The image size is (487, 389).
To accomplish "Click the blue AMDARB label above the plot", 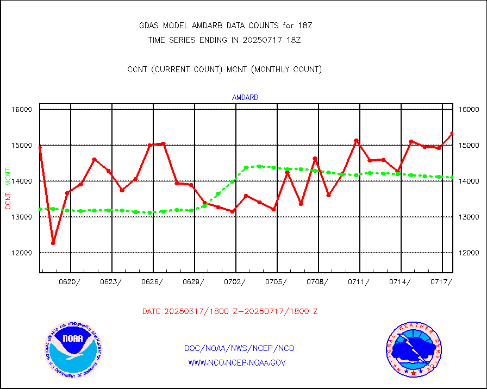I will (245, 98).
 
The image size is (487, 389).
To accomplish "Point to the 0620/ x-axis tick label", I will (71, 281).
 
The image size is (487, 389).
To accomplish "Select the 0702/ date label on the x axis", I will (235, 281).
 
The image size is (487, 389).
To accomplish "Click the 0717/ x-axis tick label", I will (441, 281).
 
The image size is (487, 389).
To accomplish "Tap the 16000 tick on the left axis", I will (23, 110).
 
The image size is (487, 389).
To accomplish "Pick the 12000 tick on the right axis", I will (469, 253).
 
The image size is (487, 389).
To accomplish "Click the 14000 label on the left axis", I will (23, 181).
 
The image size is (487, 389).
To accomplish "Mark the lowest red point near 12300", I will (53, 243).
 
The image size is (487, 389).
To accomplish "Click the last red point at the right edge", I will (452, 133).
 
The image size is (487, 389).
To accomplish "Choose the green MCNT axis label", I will (8, 177).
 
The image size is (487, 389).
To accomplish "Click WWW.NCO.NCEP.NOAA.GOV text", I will (236, 362).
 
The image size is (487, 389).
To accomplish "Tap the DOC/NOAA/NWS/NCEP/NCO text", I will (239, 348).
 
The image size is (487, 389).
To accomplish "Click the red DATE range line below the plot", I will (230, 312).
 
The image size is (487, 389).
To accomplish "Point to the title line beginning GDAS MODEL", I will (226, 26).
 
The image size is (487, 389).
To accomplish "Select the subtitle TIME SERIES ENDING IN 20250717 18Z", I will (224, 40).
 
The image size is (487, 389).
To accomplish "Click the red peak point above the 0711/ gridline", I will (357, 141).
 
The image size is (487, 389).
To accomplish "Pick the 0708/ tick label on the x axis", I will (318, 281).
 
